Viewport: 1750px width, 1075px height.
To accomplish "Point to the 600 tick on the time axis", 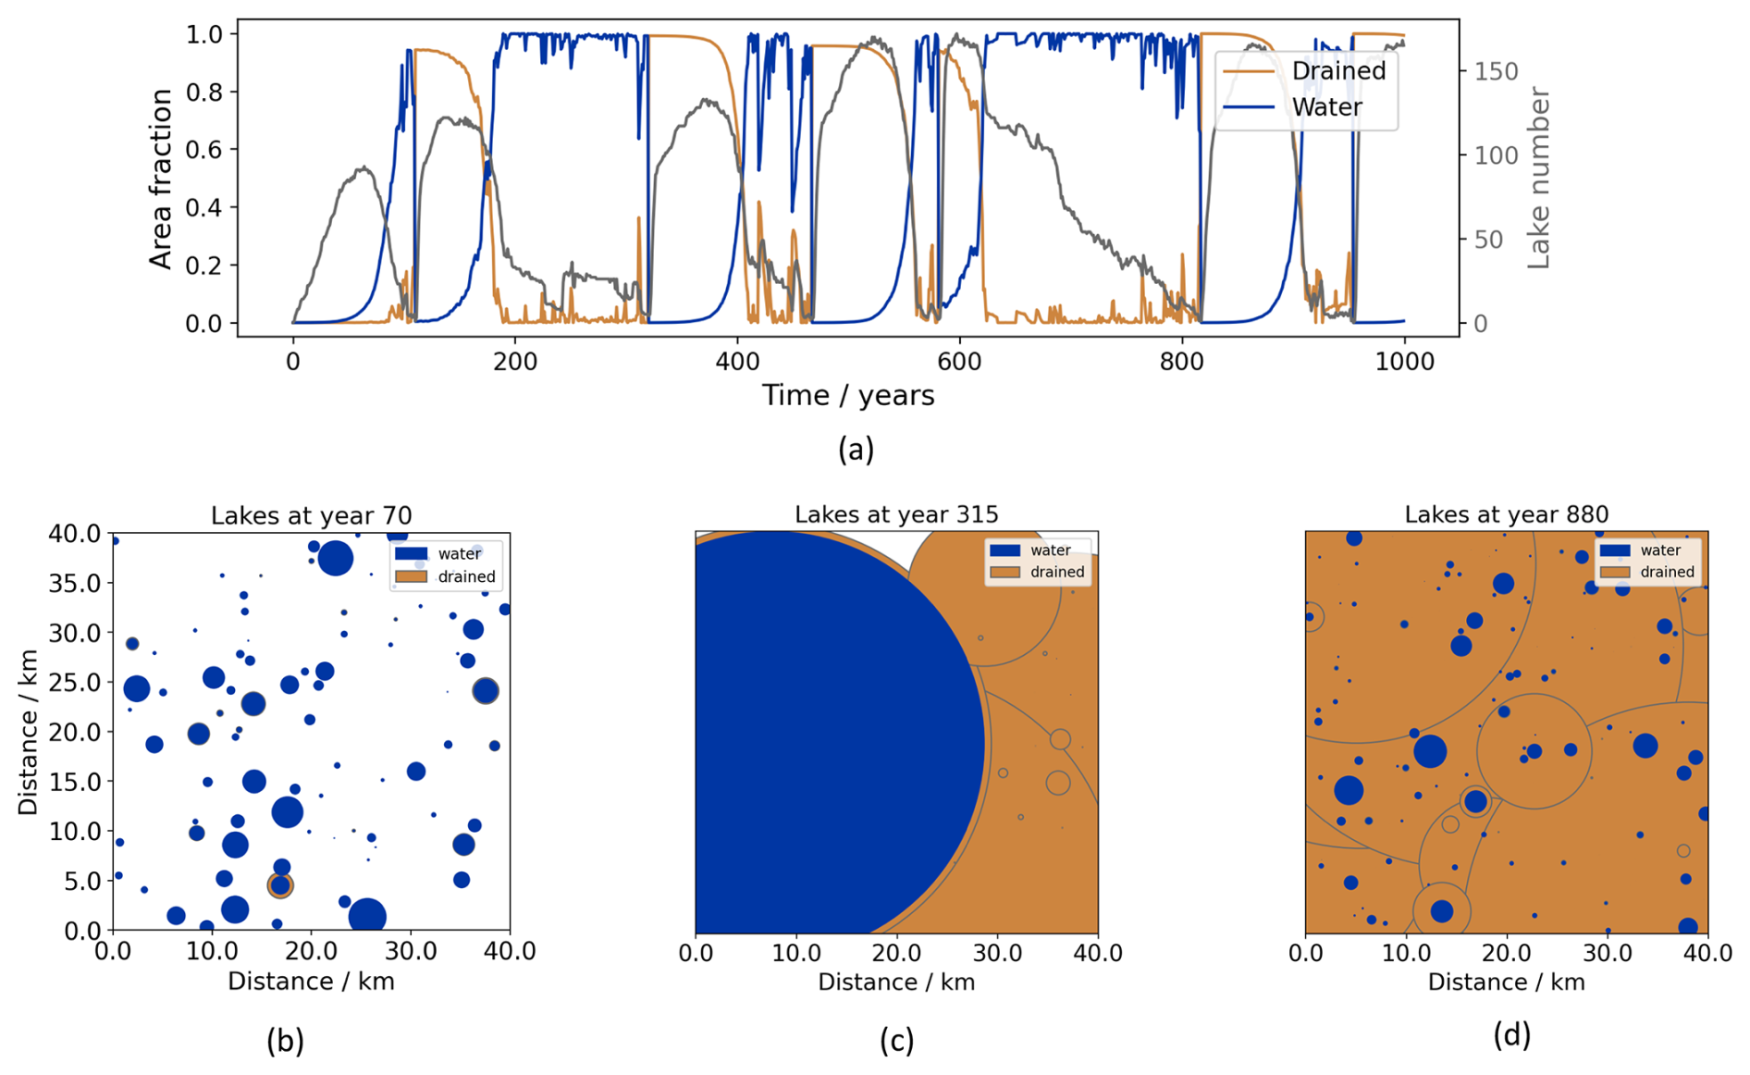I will click(x=959, y=362).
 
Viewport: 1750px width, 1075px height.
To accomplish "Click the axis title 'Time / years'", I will click(x=848, y=396).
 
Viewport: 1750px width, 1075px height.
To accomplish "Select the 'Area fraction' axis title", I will click(x=161, y=179).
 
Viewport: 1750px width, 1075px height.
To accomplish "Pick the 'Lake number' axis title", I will click(x=1537, y=179).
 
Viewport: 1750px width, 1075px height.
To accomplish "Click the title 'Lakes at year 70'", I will click(x=311, y=515).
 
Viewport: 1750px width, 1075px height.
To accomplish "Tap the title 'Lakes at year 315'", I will click(x=896, y=514).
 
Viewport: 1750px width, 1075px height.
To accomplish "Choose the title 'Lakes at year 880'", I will click(x=1506, y=514).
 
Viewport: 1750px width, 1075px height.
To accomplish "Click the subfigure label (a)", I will click(x=856, y=450).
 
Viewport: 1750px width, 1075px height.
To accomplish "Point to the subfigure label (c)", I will click(x=896, y=1041).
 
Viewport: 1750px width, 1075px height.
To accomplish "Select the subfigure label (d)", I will click(x=1511, y=1034).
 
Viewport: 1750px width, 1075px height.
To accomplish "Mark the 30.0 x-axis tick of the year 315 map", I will click(x=997, y=953).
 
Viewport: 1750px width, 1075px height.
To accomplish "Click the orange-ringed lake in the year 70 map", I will click(x=280, y=885).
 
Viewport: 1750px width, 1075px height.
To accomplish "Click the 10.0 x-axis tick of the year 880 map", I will click(x=1406, y=953).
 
